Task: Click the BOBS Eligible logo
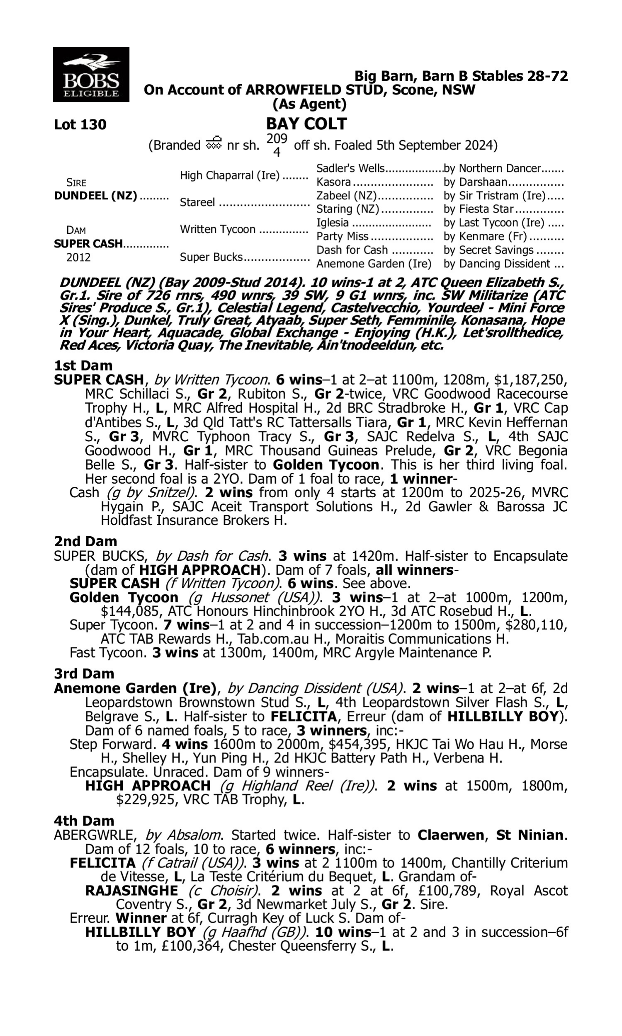91,75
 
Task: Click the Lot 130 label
80,125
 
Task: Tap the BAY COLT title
306,124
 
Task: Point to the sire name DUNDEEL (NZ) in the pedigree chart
95,196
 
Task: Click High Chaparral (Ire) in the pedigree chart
230,175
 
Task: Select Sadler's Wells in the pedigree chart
350,168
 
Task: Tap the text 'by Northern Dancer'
492,168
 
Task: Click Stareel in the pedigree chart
197,203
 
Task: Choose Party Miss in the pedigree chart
342,237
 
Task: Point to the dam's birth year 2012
78,257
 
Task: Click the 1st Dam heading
83,366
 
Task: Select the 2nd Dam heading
85,541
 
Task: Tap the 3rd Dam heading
84,673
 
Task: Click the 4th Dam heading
84,821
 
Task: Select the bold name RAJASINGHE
131,890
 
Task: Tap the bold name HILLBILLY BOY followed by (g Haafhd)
141,932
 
